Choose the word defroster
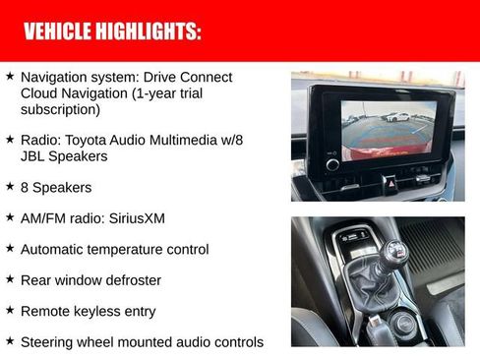pyautogui.click(x=130, y=280)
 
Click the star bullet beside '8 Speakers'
pyautogui.click(x=10, y=186)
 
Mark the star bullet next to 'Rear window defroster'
pyautogui.click(x=10, y=279)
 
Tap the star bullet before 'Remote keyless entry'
pyautogui.click(x=10, y=310)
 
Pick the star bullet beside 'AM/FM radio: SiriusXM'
pyautogui.click(x=10, y=216)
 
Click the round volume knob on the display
pyautogui.click(x=331, y=162)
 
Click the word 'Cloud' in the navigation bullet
pyautogui.click(x=40, y=93)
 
